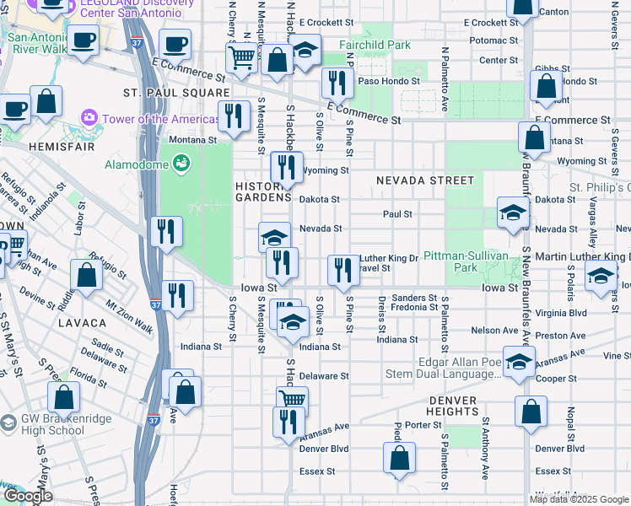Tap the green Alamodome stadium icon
[x=181, y=164]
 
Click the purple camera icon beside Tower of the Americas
[x=89, y=117]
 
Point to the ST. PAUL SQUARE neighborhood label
[x=176, y=93]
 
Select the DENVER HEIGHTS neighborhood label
[x=453, y=406]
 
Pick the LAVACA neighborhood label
[x=83, y=323]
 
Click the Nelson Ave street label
[x=495, y=331]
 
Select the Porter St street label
[x=418, y=425]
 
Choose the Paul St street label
[x=396, y=214]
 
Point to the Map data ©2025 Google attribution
[x=578, y=499]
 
